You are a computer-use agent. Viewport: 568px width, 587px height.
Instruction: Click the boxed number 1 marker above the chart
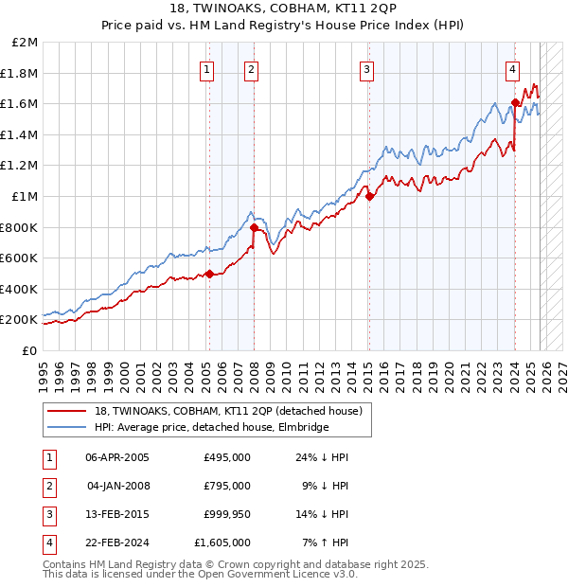(x=206, y=68)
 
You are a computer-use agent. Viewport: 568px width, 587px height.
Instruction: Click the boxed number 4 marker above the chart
(x=511, y=68)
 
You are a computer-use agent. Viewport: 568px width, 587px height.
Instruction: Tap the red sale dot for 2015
(x=369, y=197)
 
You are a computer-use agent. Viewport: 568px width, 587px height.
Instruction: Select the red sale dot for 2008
(x=255, y=228)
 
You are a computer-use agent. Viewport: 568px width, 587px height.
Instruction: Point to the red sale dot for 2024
(x=515, y=103)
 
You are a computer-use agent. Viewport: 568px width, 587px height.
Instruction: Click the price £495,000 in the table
(x=226, y=457)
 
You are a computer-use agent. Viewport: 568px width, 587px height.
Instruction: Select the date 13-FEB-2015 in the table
(x=117, y=514)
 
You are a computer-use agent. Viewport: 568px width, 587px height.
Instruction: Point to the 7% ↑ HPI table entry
(x=326, y=543)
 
